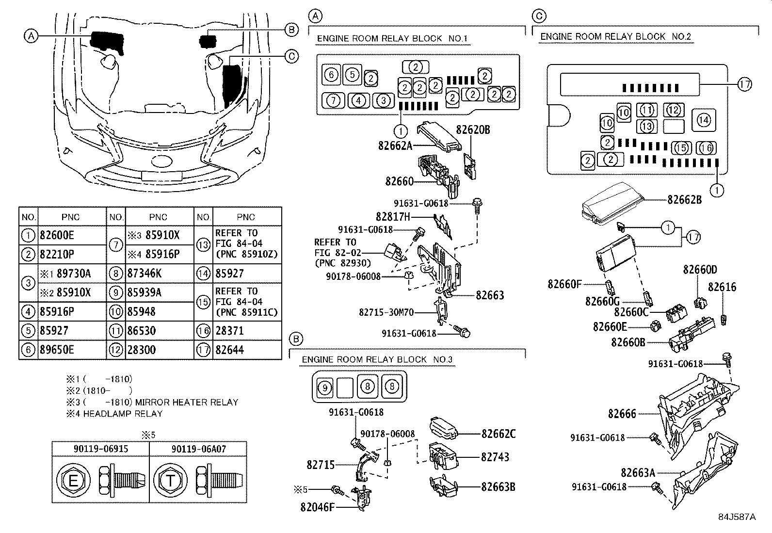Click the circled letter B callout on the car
[291, 30]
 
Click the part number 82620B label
[473, 130]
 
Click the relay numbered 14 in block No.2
[704, 119]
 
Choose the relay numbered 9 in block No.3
[325, 387]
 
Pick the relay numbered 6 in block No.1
[331, 75]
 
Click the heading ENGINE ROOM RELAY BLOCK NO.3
[377, 359]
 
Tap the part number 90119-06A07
[198, 449]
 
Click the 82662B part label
[684, 199]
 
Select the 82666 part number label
[622, 414]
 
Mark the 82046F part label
[318, 507]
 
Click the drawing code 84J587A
[737, 517]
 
